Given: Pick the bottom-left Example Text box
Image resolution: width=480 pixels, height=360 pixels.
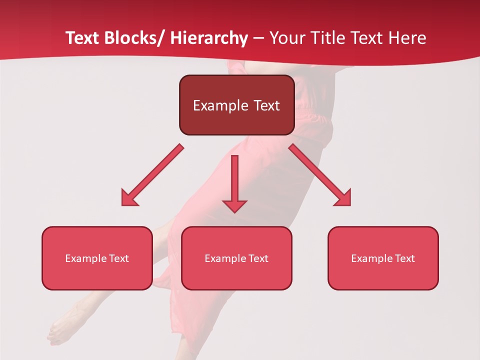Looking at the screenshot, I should pos(97,258).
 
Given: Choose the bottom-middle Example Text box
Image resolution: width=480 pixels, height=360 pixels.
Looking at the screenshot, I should pos(236,258).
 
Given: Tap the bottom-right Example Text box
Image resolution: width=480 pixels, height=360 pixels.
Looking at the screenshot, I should pos(383,258).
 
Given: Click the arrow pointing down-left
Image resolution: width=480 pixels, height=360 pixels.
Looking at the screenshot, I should pos(152,175).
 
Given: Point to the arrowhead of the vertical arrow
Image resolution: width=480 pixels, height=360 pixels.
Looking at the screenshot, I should pos(234,205).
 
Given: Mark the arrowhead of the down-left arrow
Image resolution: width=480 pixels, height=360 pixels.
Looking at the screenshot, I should pos(129,198).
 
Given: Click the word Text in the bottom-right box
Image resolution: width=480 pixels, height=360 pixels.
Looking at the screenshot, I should pos(405,258).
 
